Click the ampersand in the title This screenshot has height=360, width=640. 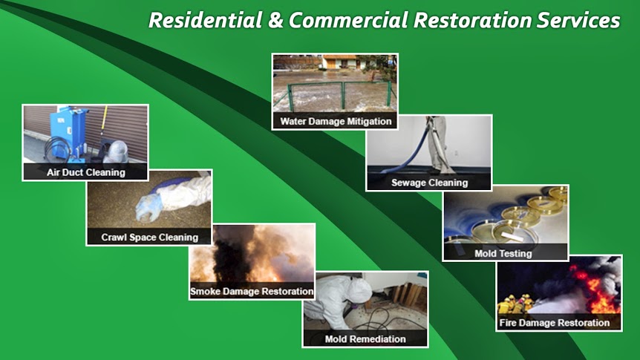(276, 20)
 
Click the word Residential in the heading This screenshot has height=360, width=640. (206, 20)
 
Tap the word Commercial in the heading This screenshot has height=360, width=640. (348, 20)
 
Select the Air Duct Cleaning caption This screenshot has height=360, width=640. (85, 172)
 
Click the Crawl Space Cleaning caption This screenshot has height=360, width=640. (149, 237)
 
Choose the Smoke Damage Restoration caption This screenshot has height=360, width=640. (252, 292)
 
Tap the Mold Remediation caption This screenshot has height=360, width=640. (365, 338)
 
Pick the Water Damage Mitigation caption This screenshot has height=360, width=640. (336, 121)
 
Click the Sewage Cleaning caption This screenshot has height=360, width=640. (429, 183)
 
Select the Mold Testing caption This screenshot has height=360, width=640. (503, 253)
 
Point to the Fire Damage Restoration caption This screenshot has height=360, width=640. (555, 323)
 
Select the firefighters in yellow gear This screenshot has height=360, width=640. (516, 304)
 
